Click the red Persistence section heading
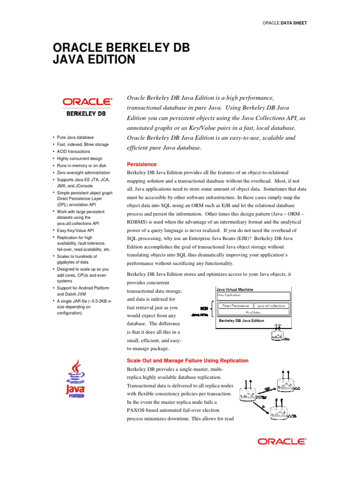[142, 165]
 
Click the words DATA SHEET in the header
[294, 22]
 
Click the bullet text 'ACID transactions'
[74, 151]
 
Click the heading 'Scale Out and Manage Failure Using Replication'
[188, 360]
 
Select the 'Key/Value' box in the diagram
[254, 311]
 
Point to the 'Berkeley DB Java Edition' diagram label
[241, 321]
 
